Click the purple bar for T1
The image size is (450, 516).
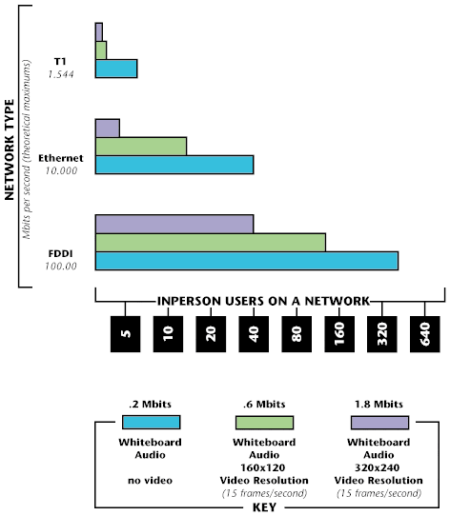(99, 32)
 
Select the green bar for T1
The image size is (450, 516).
(101, 50)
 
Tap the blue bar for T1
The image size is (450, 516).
(116, 69)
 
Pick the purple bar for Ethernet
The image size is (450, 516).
(108, 128)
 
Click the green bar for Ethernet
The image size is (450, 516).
(141, 147)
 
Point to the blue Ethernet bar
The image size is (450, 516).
(174, 165)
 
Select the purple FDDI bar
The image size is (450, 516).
(174, 224)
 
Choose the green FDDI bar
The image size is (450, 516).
(211, 243)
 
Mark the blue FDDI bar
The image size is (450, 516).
(247, 261)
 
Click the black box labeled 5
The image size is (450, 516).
(125, 334)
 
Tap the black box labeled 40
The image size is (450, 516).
(254, 334)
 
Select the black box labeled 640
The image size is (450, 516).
(425, 334)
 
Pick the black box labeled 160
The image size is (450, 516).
(339, 334)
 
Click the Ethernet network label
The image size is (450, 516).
(61, 158)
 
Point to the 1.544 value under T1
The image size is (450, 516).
(61, 74)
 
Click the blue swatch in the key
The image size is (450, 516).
(151, 422)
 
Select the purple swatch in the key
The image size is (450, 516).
(379, 422)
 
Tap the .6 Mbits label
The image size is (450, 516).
(264, 404)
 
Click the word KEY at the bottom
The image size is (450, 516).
(264, 507)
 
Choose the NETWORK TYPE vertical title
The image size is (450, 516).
(10, 149)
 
